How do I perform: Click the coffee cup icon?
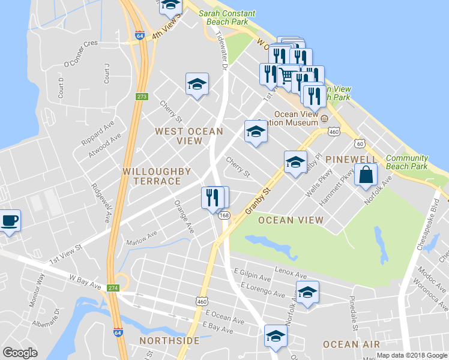[x=10, y=221]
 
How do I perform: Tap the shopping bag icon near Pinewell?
[x=366, y=176]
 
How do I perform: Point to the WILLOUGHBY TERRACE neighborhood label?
[x=156, y=176]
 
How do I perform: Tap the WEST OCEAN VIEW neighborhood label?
[x=188, y=136]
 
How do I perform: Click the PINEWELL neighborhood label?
[x=351, y=160]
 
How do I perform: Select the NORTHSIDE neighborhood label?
[x=169, y=341]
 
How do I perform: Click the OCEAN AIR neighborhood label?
[x=351, y=344]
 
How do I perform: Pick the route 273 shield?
[x=142, y=97]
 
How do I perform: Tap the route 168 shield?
[x=224, y=215]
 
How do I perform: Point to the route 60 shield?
[x=359, y=143]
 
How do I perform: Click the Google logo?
[x=20, y=353]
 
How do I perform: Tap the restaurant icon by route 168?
[x=212, y=198]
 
